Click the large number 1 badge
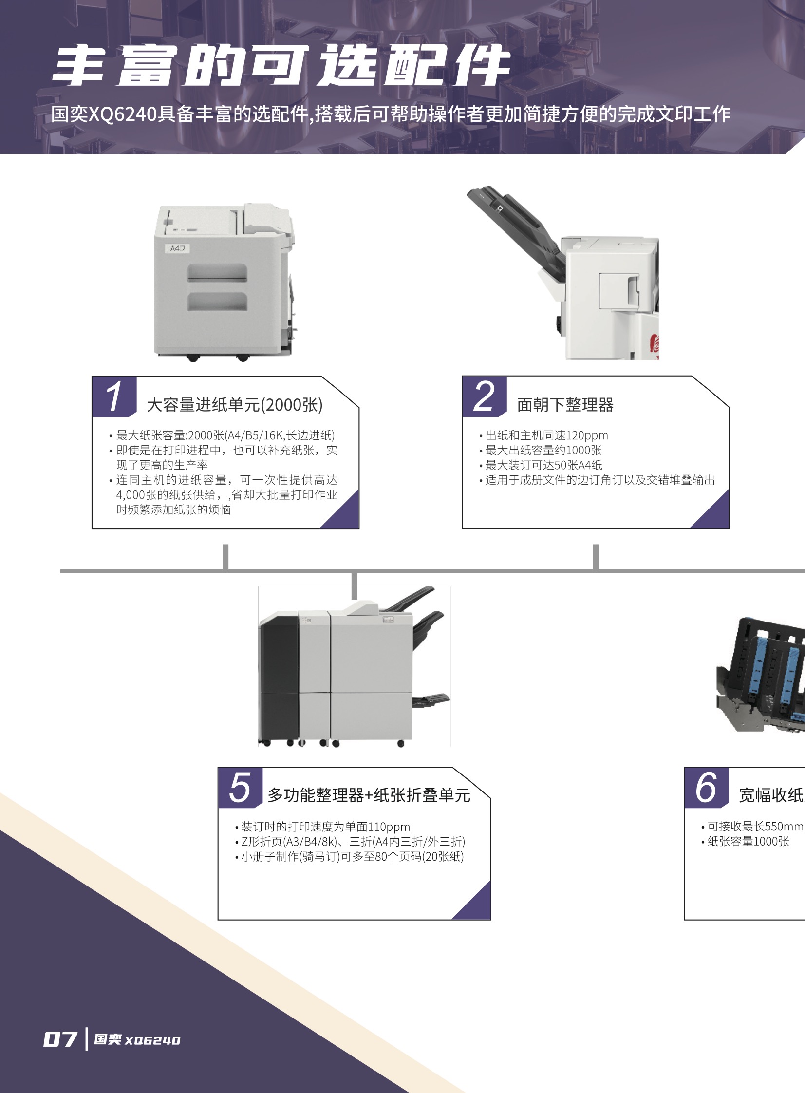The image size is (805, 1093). coord(113,396)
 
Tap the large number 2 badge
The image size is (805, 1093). coord(484,396)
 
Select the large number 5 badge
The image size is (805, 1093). coord(240,788)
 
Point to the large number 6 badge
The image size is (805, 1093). coord(706,788)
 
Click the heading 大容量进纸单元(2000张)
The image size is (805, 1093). coord(234,405)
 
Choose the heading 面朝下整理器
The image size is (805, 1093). coord(565,405)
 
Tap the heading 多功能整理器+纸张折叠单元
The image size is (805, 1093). coord(369,795)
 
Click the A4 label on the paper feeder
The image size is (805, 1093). coord(177,248)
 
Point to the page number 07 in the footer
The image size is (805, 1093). coord(60,1039)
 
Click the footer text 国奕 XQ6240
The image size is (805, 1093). coord(137,1040)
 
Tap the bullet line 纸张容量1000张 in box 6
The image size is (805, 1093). coord(748,842)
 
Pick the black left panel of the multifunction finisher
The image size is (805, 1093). coord(279,678)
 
